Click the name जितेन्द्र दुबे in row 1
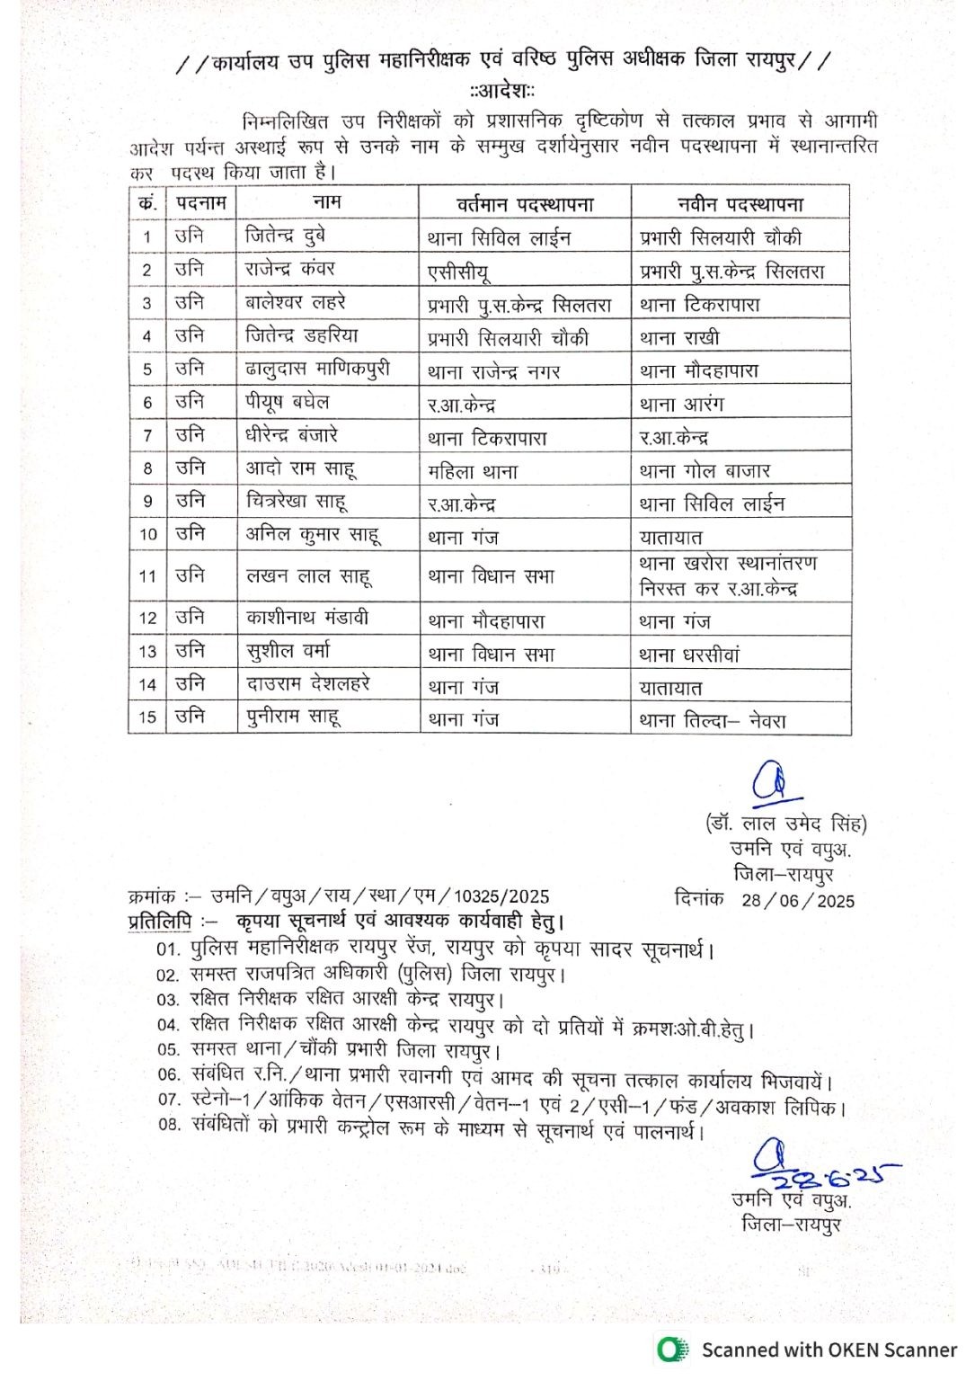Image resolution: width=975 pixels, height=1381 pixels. (285, 236)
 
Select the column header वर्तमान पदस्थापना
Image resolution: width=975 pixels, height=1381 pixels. (525, 203)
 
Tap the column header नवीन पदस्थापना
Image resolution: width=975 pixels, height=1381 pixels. (740, 203)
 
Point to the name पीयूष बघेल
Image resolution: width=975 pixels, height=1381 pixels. (288, 402)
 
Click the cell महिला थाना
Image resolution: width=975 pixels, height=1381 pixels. (473, 471)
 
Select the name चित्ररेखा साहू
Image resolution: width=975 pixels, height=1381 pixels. (297, 502)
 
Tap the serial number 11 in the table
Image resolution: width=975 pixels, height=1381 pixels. (147, 576)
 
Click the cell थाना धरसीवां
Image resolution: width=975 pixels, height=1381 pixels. (689, 655)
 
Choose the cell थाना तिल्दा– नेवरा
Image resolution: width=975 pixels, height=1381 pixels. (713, 720)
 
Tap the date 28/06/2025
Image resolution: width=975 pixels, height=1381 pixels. (798, 900)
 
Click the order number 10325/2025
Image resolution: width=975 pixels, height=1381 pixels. (501, 896)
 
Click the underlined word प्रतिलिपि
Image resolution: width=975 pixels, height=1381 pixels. (160, 922)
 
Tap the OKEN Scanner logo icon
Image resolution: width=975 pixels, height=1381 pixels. (669, 1350)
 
